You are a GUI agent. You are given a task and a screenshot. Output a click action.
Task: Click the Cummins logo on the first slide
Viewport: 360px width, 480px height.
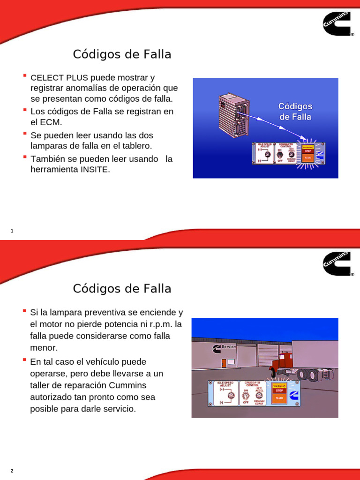337,23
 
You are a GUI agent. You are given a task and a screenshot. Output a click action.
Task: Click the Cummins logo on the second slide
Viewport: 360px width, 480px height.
337,263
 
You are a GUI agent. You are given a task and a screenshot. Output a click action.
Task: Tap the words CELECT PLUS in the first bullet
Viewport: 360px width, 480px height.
59,77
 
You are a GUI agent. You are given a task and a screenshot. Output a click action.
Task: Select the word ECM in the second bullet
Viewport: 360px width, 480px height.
52,122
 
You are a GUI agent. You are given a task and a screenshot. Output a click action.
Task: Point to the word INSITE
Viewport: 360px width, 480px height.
96,170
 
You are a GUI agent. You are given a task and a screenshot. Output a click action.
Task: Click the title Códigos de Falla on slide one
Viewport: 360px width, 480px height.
122,54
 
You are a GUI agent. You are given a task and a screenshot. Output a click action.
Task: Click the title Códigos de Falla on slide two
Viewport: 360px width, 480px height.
122,288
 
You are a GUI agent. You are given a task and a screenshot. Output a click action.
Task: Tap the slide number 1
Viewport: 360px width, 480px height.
12,231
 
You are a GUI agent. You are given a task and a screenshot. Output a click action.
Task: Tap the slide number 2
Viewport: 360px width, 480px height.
12,471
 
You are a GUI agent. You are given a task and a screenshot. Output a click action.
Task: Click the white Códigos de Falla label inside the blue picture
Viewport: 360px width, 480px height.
295,112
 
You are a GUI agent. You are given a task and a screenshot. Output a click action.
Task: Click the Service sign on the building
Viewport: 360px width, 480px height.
228,347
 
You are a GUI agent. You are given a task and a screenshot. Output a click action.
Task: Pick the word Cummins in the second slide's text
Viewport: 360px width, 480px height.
128,385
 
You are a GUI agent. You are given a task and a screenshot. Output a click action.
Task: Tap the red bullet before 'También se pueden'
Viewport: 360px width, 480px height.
24,157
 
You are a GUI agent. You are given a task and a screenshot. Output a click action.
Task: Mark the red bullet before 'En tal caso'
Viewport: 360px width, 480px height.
24,360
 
